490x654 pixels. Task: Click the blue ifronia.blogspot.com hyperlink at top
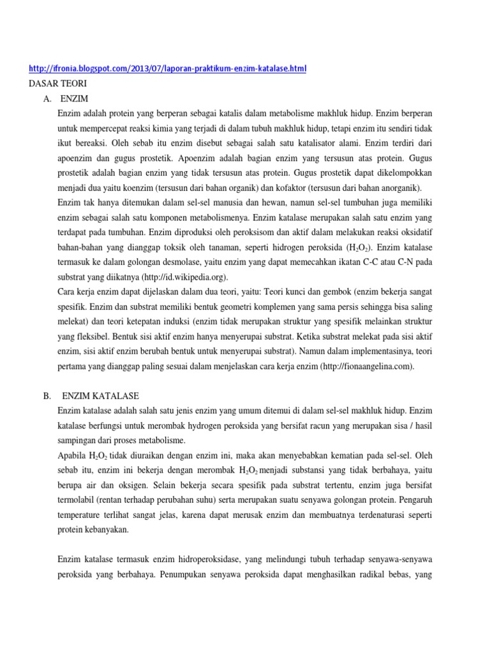(168, 68)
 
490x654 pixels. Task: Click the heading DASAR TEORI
(58, 83)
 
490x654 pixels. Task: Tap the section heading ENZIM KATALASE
(103, 396)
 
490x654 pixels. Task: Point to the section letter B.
(47, 396)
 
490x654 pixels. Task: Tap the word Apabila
(72, 455)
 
